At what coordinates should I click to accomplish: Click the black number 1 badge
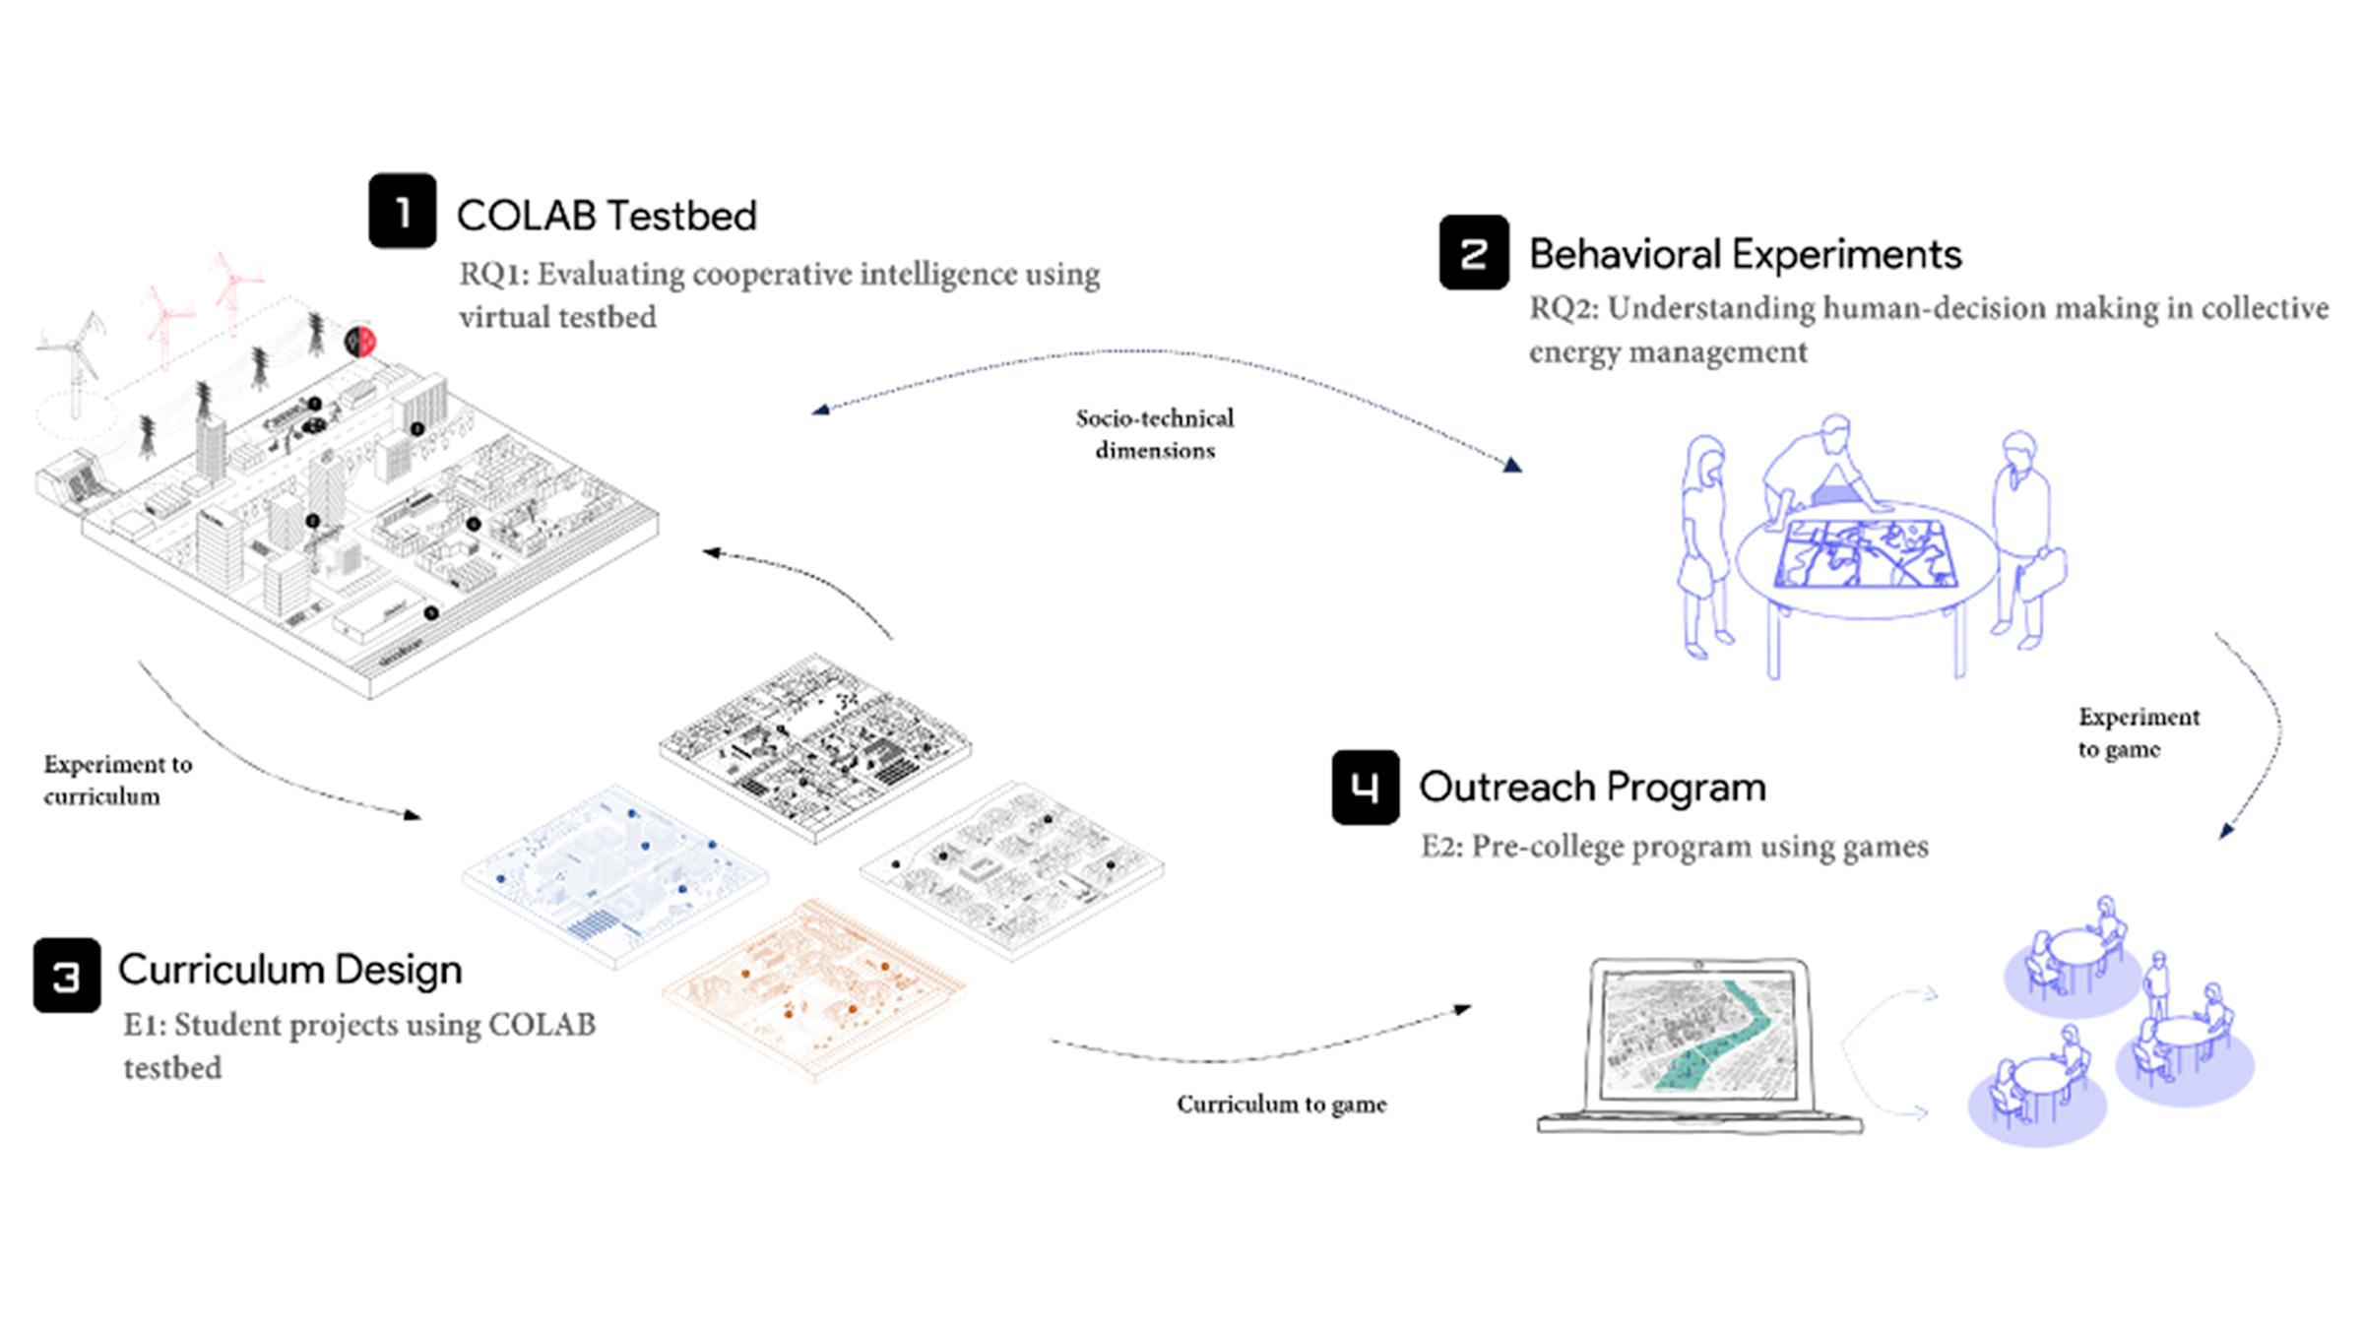pyautogui.click(x=402, y=211)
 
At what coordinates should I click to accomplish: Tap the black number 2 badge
pyautogui.click(x=1473, y=253)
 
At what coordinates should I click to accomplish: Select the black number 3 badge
pyautogui.click(x=67, y=976)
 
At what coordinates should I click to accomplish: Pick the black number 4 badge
pyautogui.click(x=1365, y=787)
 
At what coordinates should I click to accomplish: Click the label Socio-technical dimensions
pyautogui.click(x=1154, y=434)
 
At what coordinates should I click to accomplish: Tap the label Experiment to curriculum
pyautogui.click(x=117, y=780)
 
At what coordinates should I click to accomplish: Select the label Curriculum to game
pyautogui.click(x=1281, y=1105)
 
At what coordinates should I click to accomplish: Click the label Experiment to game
pyautogui.click(x=2138, y=732)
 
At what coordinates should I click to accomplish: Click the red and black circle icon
pyautogui.click(x=360, y=342)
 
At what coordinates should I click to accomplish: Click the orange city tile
pyautogui.click(x=813, y=988)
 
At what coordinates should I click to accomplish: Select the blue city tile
pyautogui.click(x=614, y=875)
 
